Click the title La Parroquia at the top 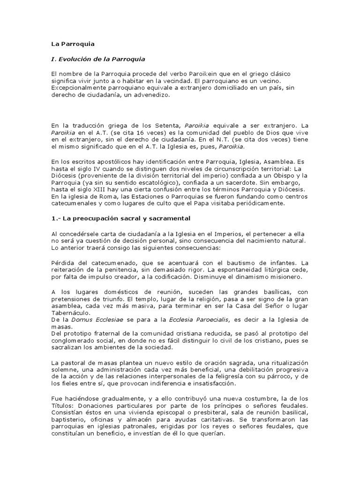pos(73,44)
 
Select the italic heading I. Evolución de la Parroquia pos(98,59)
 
